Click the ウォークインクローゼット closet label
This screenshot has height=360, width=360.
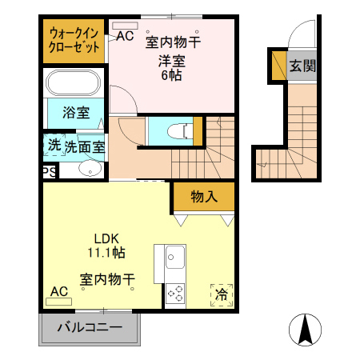pos(74,40)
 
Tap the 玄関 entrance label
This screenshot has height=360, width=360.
pos(302,66)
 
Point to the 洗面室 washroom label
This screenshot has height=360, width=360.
pos(84,146)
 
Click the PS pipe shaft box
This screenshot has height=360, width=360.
pos(49,171)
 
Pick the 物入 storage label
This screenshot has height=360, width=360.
pos(203,196)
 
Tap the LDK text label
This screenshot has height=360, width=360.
pos(106,238)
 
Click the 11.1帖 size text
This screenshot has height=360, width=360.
pos(106,252)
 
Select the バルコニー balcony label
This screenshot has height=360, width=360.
pos(90,328)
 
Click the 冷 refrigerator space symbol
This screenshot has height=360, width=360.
pos(221,294)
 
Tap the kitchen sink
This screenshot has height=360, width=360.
pos(175,258)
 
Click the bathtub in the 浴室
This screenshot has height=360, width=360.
pos(72,83)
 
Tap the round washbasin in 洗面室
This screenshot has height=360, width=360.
pos(89,168)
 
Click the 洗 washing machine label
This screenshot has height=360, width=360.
pos(54,146)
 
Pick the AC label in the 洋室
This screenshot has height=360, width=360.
pos(125,35)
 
